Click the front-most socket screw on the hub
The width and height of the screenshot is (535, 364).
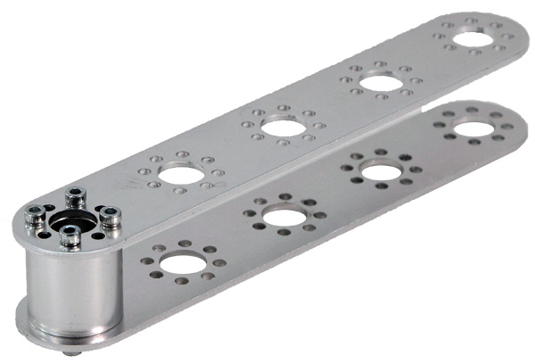click(70, 236)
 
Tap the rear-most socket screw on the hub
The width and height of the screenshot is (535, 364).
click(77, 195)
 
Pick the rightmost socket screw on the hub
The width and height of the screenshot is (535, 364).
click(111, 216)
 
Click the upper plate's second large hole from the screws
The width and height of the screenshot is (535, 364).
click(284, 127)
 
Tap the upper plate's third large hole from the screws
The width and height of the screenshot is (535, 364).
click(382, 84)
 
